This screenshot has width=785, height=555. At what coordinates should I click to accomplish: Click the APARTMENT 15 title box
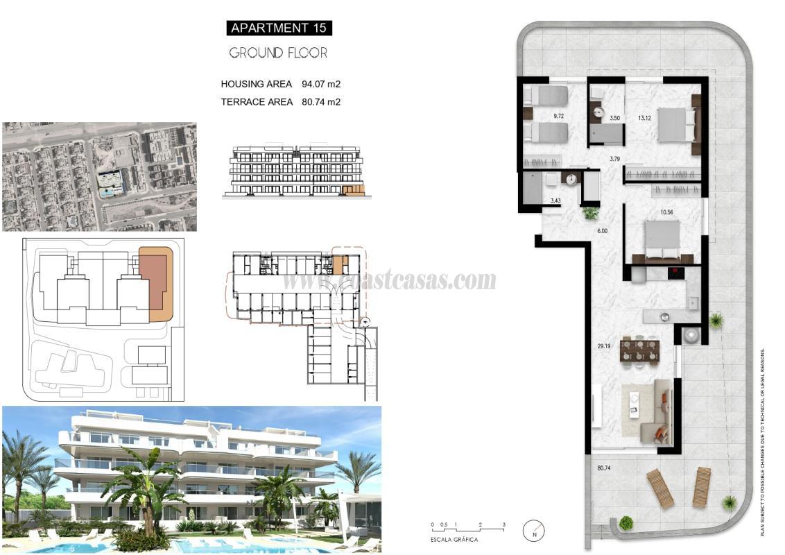tap(278, 28)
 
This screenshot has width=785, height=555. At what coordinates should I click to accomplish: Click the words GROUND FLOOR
tap(278, 53)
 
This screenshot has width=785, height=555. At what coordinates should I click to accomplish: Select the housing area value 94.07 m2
tap(321, 84)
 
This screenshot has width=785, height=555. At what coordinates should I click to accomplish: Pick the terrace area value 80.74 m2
tap(321, 102)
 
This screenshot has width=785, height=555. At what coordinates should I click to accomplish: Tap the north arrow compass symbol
tap(534, 531)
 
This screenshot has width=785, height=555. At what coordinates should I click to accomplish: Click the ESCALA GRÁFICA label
tap(454, 539)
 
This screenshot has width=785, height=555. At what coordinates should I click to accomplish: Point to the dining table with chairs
tap(639, 349)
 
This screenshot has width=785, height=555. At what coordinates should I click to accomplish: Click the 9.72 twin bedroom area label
tap(558, 117)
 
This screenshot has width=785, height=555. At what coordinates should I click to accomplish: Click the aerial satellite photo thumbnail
tap(99, 177)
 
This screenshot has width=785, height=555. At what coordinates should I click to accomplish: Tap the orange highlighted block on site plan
tap(157, 283)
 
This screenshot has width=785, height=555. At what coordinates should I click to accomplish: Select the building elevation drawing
tap(297, 171)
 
